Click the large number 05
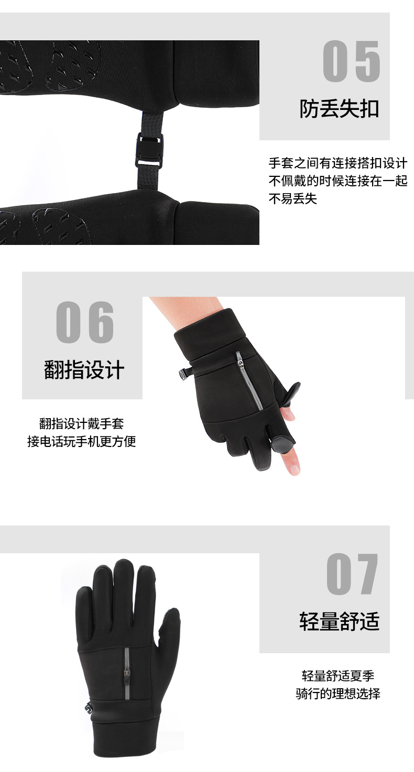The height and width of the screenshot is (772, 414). pyautogui.click(x=351, y=61)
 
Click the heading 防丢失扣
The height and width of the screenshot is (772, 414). pyautogui.click(x=339, y=109)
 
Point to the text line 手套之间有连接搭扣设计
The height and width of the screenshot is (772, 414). pyautogui.click(x=337, y=163)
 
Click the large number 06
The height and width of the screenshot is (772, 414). pyautogui.click(x=85, y=322)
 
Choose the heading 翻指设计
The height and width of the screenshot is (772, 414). pyautogui.click(x=84, y=371)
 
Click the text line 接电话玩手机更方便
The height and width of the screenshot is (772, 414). pyautogui.click(x=81, y=441)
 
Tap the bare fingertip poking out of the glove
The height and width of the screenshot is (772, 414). pyautogui.click(x=293, y=463)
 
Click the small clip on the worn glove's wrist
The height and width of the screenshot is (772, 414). pyautogui.click(x=184, y=373)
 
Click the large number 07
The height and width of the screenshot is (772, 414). pyautogui.click(x=352, y=574)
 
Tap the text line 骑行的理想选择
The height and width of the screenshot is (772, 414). pyautogui.click(x=337, y=694)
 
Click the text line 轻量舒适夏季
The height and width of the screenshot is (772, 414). pyautogui.click(x=337, y=676)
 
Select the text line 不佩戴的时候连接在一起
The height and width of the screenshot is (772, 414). pyautogui.click(x=337, y=181)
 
